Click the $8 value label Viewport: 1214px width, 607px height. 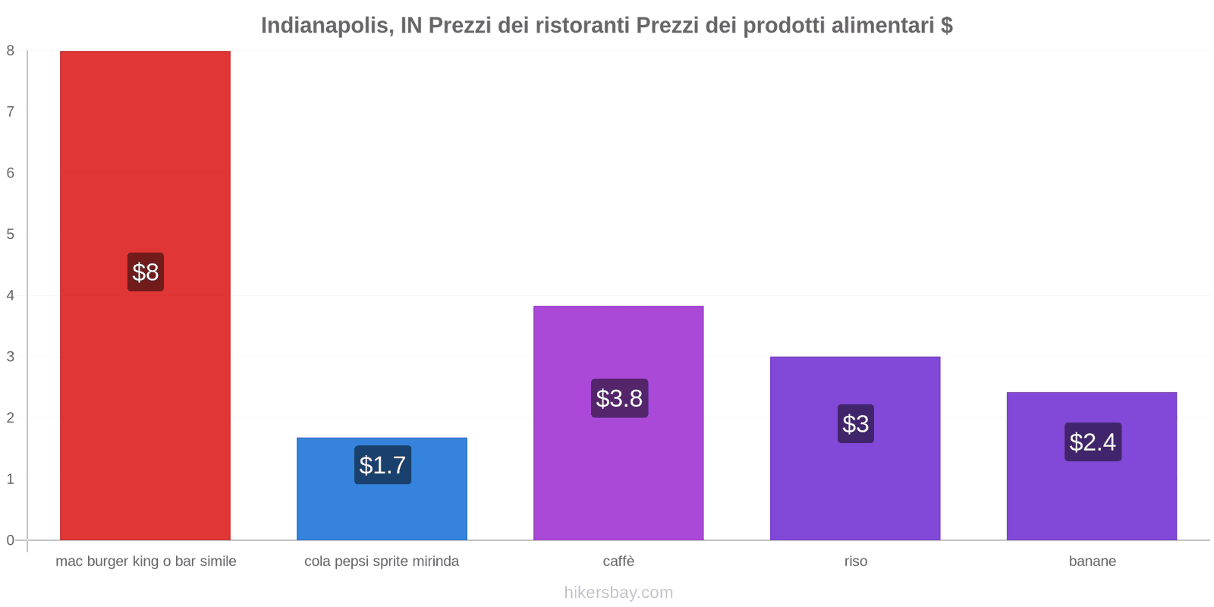146,272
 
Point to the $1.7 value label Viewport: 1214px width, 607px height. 382,465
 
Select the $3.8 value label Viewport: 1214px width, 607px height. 619,398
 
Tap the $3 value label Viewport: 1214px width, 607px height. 856,424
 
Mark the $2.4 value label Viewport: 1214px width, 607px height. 1093,442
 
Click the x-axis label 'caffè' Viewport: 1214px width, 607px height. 618,561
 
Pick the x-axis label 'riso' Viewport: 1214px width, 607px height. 855,561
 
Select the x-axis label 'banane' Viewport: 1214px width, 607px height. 1092,561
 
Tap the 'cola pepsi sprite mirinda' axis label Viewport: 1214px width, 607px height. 382,561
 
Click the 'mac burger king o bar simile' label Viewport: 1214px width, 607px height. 146,561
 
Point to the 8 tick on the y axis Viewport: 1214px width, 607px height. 11,51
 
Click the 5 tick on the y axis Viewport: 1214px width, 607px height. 11,234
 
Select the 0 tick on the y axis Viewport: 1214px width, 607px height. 11,540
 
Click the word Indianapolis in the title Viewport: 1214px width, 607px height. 327,26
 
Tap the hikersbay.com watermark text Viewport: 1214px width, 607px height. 618,593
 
